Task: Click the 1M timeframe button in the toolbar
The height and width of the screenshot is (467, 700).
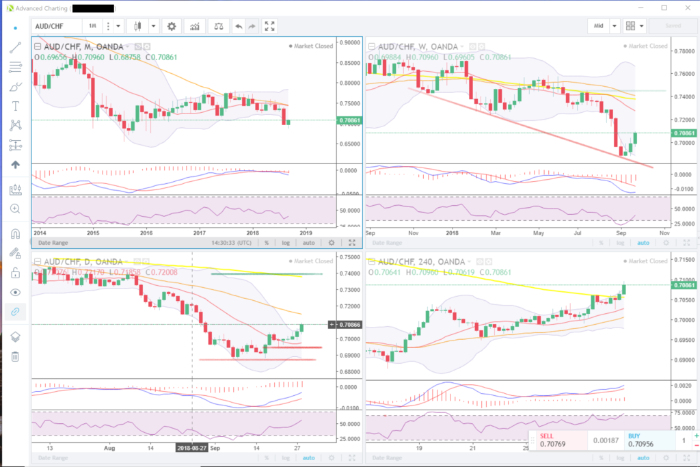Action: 92,26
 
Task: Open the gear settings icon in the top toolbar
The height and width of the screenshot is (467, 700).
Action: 172,26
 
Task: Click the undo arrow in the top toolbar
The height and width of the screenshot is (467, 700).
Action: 238,26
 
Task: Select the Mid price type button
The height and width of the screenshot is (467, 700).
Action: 598,26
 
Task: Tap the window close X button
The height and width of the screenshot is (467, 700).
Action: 687,8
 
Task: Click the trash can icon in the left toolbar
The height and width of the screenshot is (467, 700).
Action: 15,356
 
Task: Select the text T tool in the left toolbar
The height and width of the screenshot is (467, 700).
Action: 15,106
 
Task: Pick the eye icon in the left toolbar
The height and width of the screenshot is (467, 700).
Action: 15,292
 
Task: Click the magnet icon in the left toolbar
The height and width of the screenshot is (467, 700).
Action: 15,234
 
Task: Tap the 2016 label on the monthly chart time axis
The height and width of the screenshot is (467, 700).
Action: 146,232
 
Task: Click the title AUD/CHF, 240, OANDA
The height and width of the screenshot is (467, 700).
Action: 416,262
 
